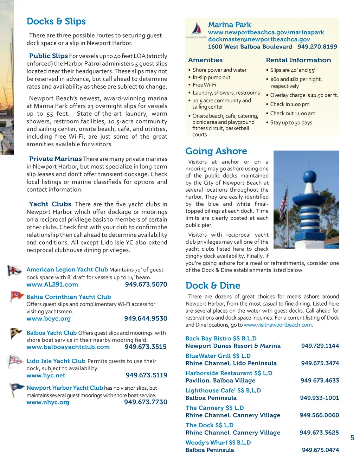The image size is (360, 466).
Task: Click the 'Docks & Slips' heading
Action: coord(56,21)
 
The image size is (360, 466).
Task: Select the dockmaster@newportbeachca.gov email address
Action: coord(259,39)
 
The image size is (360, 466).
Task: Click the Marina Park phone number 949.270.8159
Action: coord(317,46)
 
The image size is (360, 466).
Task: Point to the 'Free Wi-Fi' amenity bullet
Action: coord(204,85)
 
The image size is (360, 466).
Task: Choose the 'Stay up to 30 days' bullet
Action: coord(291,122)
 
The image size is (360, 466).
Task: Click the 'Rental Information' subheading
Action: coord(298,60)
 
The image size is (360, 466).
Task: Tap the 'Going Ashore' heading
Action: coord(216,151)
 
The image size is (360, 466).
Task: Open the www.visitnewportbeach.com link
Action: coord(278,325)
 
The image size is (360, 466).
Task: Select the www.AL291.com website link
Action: coord(52,285)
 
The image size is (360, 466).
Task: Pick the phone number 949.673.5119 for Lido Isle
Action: coord(146,375)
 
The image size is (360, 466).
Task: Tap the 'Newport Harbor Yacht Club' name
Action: coord(65,388)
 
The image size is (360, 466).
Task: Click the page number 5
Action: coord(352,438)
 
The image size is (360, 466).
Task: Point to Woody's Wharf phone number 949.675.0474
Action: coord(320,450)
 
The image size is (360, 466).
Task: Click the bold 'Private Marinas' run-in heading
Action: coord(55,159)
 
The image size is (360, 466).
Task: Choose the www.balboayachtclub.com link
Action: coord(68,347)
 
